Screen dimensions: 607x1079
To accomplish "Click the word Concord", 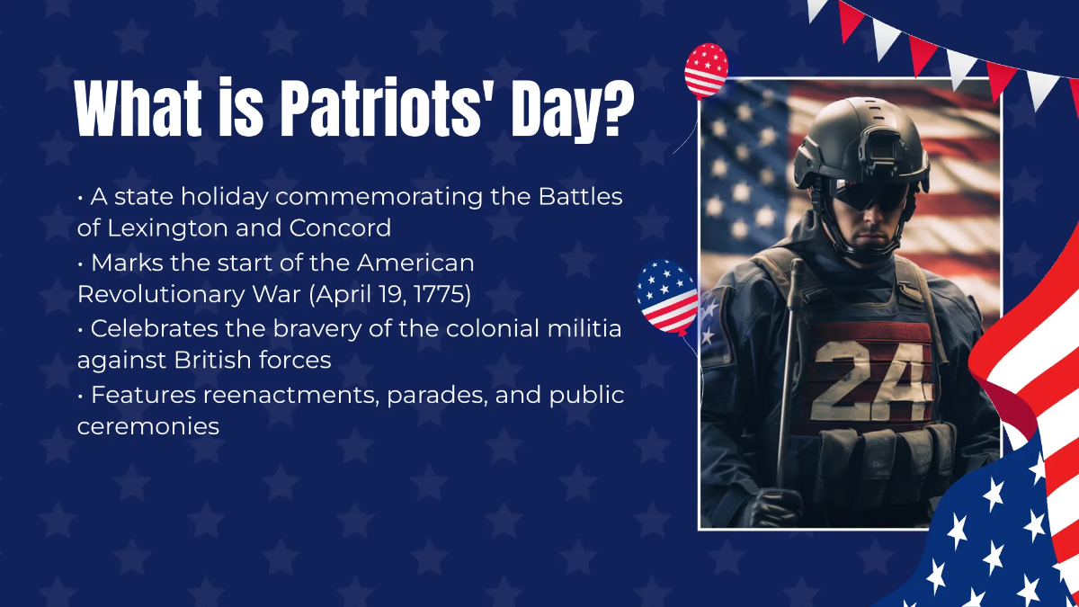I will [340, 228].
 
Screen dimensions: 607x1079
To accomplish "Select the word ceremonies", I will [148, 426].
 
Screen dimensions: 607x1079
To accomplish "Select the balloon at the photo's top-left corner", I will [706, 69].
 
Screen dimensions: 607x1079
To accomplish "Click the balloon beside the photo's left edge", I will [666, 297].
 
